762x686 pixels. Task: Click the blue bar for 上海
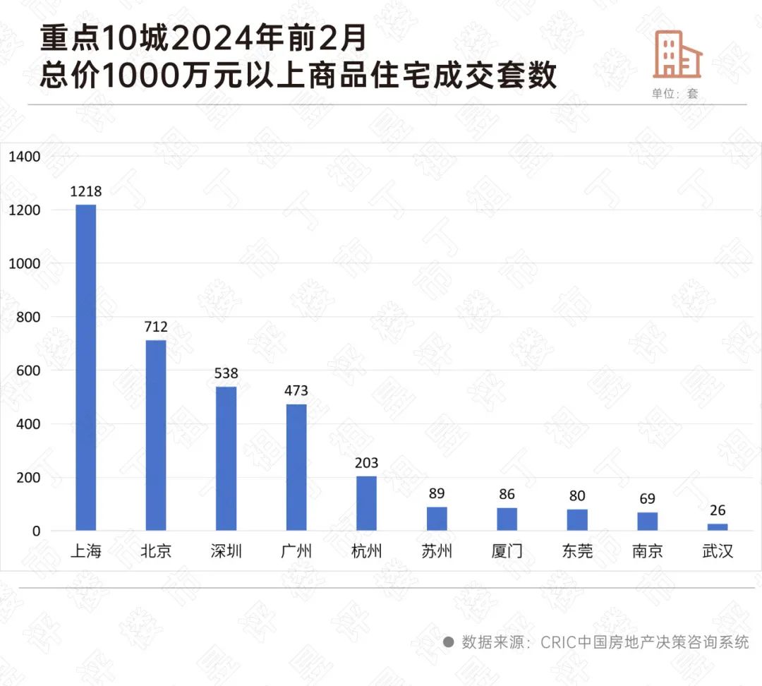86,367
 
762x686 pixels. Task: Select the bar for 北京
156,435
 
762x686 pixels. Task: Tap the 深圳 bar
226,458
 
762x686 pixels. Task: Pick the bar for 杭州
366,503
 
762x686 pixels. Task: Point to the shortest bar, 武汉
718,526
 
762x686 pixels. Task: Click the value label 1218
86,191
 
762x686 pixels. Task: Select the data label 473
296,390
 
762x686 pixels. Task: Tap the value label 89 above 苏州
437,493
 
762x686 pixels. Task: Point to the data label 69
648,499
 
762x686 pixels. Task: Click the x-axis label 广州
296,551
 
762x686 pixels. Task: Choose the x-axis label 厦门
507,551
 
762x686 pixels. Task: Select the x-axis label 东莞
577,551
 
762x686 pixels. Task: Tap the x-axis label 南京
648,551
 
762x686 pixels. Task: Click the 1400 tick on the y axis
25,157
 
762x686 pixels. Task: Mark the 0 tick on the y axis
35,531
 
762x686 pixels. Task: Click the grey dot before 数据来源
448,642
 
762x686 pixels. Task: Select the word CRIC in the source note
558,642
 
